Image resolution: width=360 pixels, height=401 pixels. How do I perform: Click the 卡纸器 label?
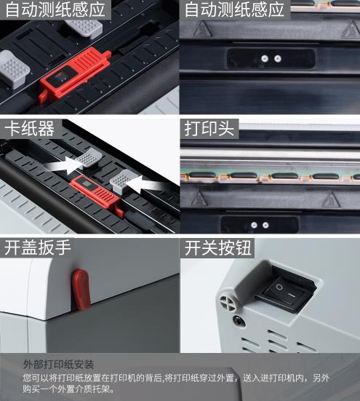[29, 128]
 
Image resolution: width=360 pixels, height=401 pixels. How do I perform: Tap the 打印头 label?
[209, 128]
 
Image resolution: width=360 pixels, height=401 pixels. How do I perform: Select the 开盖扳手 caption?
[37, 247]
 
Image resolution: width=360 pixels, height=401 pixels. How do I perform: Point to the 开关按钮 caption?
[217, 247]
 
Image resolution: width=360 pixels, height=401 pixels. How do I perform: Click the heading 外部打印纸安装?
[58, 364]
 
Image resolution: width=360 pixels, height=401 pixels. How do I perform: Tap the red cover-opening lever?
[81, 288]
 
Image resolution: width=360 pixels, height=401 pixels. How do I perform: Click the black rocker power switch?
[286, 290]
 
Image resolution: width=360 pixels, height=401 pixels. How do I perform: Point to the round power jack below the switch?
[239, 321]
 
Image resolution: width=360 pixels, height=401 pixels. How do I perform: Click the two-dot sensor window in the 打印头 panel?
[260, 225]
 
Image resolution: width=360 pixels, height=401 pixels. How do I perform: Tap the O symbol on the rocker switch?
[279, 287]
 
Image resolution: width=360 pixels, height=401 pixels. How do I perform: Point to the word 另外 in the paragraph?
[321, 378]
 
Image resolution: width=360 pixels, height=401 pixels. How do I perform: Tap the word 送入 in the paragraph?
[252, 378]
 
